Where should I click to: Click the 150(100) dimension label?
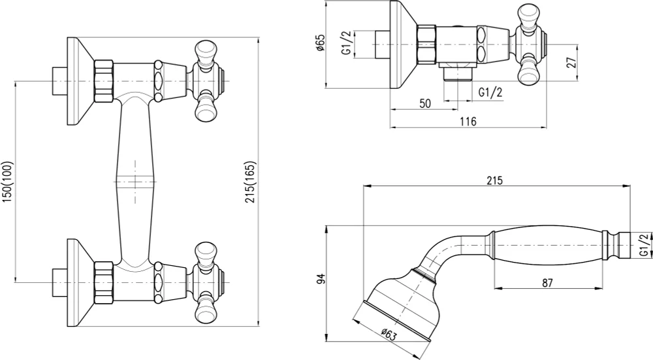8,182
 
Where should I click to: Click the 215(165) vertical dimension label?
251,182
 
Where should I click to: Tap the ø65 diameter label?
320,43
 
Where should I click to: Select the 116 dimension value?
468,122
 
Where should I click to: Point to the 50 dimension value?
425,103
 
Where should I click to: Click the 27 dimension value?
572,62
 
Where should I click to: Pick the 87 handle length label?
547,283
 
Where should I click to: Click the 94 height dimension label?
320,279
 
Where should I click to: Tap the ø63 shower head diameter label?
388,334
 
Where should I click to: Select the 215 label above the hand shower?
495,180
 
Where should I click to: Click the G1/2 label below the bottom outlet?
490,92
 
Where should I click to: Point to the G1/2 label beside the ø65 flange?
347,43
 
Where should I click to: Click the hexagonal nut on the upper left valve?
104,81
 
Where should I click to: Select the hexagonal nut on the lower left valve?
104,282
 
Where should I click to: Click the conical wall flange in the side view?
404,44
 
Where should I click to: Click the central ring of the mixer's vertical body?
135,182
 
